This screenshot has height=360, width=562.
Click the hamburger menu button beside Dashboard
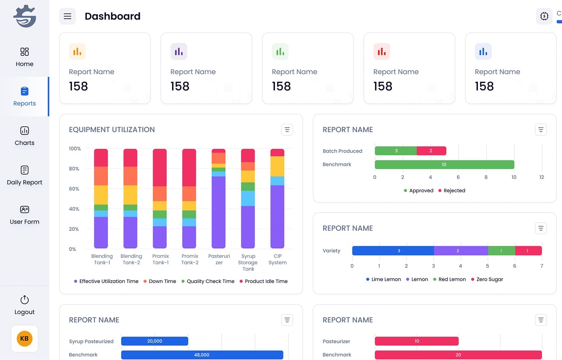pos(67,16)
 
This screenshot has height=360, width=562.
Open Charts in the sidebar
pos(24,136)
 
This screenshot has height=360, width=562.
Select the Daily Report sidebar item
pos(24,175)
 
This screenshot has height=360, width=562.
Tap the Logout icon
pos(24,300)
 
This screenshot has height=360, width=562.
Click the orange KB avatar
pos(24,338)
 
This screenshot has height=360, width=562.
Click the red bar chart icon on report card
pos(381,52)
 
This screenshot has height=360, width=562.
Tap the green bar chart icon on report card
pos(280,52)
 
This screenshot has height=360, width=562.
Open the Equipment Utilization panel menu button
pos(287,130)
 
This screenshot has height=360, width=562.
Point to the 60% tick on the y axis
pos(74,189)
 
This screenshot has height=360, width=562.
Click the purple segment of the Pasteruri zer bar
pos(219,211)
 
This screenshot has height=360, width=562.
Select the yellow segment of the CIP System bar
pos(277,166)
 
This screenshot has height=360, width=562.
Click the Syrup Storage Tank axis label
pos(248,262)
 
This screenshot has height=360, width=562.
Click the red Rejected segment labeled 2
pos(431,151)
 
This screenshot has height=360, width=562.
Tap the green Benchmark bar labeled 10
pos(444,164)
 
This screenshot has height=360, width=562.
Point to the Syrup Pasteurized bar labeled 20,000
pos(155,341)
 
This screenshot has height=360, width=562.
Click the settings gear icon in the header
pos(544,16)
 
